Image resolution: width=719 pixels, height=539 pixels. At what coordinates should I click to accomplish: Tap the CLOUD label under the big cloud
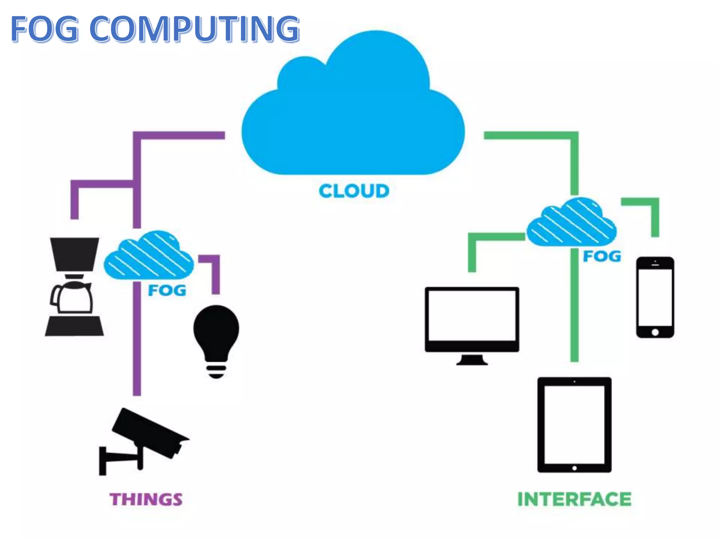click(x=354, y=191)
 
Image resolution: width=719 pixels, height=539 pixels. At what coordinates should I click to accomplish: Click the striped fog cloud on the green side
click(x=572, y=222)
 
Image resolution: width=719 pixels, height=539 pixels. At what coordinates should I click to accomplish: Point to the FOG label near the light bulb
click(x=167, y=291)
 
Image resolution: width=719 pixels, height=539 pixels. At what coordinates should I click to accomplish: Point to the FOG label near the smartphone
click(x=602, y=257)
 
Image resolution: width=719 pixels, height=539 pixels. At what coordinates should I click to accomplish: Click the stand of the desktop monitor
click(x=472, y=360)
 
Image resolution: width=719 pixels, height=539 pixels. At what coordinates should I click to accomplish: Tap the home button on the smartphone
click(x=655, y=332)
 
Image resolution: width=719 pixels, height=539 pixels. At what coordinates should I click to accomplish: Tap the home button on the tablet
click(x=574, y=468)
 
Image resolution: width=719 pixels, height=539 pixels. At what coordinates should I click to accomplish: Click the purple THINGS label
click(x=146, y=499)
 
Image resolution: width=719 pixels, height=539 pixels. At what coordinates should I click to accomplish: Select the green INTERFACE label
click(x=574, y=499)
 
